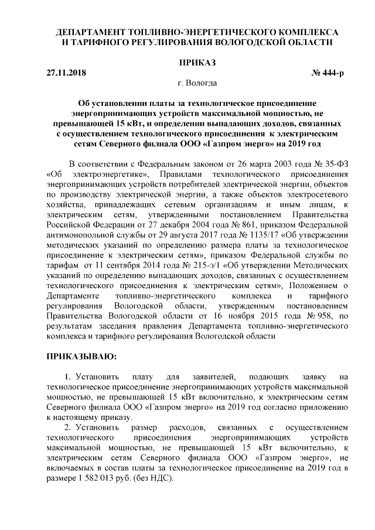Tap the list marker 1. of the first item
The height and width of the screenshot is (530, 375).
point(69,375)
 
